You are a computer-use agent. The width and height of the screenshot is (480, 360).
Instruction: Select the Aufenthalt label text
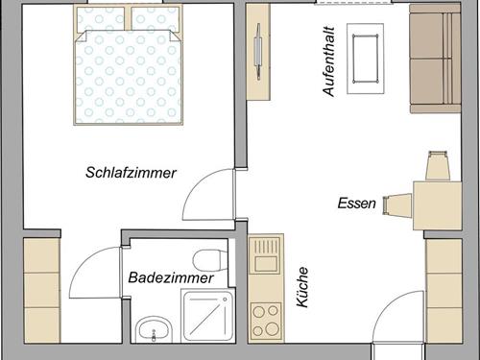click(x=328, y=60)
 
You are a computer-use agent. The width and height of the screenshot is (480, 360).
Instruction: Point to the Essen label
click(x=357, y=204)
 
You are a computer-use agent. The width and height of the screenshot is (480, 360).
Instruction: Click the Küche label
click(x=302, y=287)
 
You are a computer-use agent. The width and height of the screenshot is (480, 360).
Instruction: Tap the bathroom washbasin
click(x=152, y=331)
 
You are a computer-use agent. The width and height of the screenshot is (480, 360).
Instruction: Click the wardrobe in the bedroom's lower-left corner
click(x=42, y=288)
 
